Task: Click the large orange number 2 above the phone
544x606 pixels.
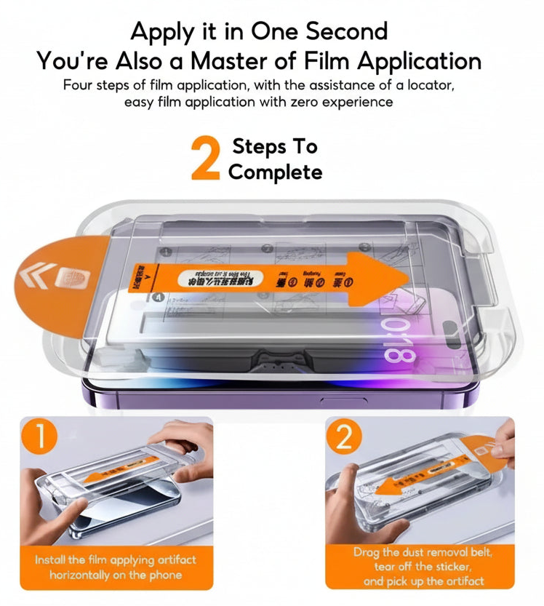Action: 205,158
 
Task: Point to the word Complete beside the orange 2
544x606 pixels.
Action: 275,172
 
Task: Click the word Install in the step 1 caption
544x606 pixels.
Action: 50,560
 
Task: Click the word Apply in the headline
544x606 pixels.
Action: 161,31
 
